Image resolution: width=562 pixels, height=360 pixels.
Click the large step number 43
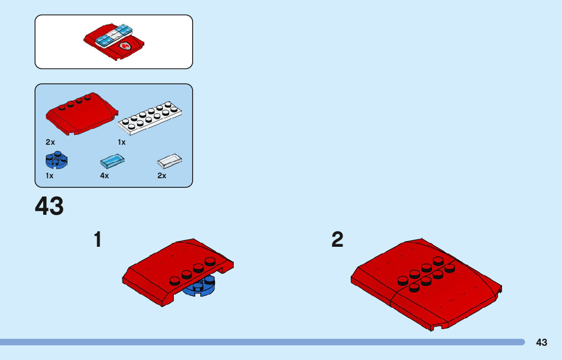click(49, 207)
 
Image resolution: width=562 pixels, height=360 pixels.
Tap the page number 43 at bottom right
click(541, 342)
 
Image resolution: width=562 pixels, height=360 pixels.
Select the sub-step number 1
click(98, 240)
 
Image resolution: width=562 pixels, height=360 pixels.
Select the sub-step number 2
click(337, 240)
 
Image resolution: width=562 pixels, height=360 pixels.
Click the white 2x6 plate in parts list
click(150, 119)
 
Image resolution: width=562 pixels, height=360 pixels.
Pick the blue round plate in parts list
click(56, 161)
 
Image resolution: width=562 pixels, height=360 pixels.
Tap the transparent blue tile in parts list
click(112, 161)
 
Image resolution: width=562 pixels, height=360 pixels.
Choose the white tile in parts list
click(170, 161)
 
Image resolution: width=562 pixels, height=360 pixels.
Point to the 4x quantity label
click(104, 176)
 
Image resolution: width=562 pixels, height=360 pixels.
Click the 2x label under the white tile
click(162, 176)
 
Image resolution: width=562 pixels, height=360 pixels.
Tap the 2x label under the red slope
click(50, 142)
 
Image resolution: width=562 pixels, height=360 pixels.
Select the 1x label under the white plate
click(121, 142)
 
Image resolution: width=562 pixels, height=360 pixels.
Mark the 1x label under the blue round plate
click(49, 176)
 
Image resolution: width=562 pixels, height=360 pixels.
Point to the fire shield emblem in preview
click(124, 47)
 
